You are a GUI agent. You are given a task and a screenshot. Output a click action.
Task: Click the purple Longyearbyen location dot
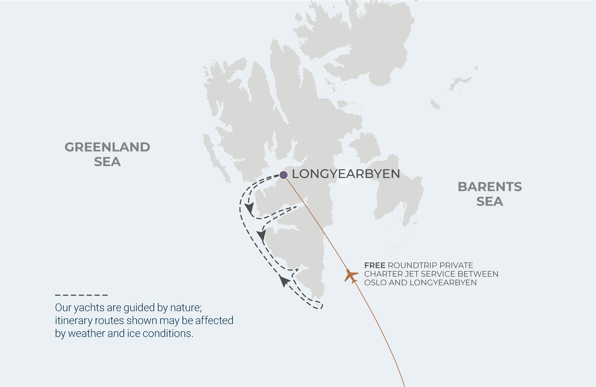click(283, 175)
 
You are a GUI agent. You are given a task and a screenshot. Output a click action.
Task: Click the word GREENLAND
click(107, 147)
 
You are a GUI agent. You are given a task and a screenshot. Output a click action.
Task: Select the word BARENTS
click(490, 187)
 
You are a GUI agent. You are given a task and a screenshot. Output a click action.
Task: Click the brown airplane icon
click(351, 276)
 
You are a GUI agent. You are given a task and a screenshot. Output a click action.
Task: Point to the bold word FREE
click(375, 265)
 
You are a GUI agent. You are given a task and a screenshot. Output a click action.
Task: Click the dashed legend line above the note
click(81, 295)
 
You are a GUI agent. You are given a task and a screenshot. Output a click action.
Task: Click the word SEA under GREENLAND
click(107, 162)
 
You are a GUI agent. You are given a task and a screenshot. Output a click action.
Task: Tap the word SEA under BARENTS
click(490, 202)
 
